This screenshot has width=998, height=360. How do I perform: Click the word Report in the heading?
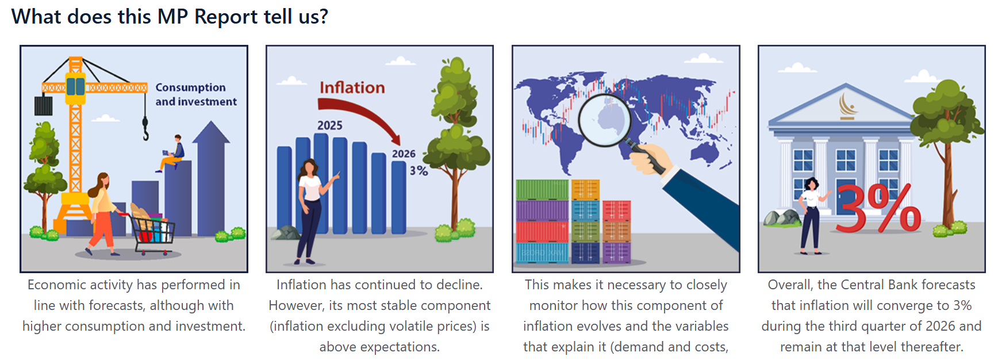(x=226, y=17)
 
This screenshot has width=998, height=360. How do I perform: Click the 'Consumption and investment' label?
(x=196, y=94)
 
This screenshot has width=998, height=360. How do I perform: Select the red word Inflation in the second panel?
(x=352, y=87)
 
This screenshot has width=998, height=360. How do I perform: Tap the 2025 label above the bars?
(x=330, y=125)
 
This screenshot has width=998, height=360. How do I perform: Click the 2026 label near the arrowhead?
(x=404, y=154)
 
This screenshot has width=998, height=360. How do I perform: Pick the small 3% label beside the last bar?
(x=419, y=171)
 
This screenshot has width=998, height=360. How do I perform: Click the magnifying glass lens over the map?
(x=604, y=120)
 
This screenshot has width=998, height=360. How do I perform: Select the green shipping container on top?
(x=542, y=190)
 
